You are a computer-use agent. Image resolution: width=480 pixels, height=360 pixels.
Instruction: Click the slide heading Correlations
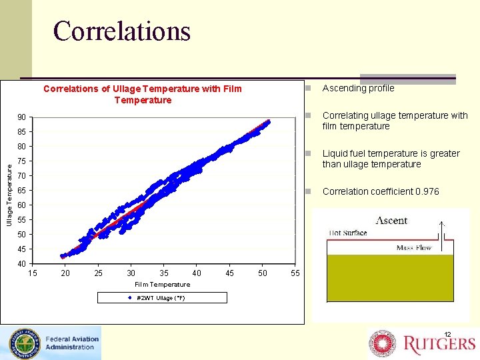(121, 31)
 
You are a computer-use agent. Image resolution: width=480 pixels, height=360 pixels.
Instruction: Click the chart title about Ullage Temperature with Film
(143, 94)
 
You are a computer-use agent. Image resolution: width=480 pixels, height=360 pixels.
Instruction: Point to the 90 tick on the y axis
(22, 118)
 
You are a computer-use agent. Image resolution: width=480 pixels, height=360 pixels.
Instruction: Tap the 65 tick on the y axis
(22, 190)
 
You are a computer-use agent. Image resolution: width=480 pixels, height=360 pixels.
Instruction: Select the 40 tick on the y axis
(22, 263)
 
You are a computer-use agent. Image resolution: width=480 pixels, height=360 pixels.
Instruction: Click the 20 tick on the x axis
(65, 273)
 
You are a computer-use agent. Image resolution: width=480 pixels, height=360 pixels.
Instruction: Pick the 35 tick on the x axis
(164, 273)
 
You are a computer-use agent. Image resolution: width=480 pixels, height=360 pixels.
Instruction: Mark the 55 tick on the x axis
(296, 273)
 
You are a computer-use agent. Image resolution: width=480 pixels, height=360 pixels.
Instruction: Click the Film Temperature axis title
(162, 284)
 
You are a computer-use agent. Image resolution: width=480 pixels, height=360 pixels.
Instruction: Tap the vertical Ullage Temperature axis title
(9, 195)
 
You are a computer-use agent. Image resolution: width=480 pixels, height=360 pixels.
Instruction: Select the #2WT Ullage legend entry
(156, 298)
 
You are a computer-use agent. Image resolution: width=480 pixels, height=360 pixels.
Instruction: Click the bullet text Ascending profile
(358, 88)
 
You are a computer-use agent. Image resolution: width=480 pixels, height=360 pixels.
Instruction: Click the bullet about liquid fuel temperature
(391, 159)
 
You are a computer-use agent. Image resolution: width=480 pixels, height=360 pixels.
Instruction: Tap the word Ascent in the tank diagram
(391, 221)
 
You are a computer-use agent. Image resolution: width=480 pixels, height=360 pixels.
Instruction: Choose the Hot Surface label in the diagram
(347, 233)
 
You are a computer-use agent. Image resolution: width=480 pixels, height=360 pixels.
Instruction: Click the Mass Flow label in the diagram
(414, 247)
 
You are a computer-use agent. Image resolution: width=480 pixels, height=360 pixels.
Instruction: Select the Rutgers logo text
(439, 343)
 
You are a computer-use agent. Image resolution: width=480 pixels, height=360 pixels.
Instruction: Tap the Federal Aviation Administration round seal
(23, 343)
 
